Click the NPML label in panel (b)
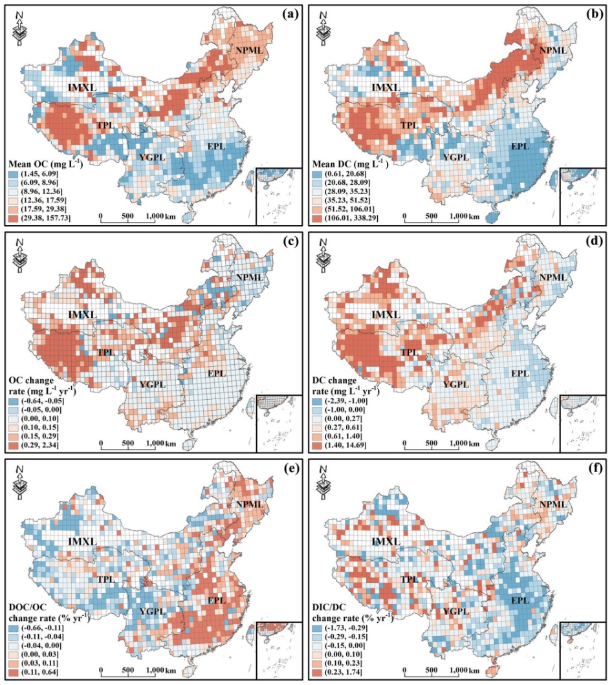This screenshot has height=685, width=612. (552, 49)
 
